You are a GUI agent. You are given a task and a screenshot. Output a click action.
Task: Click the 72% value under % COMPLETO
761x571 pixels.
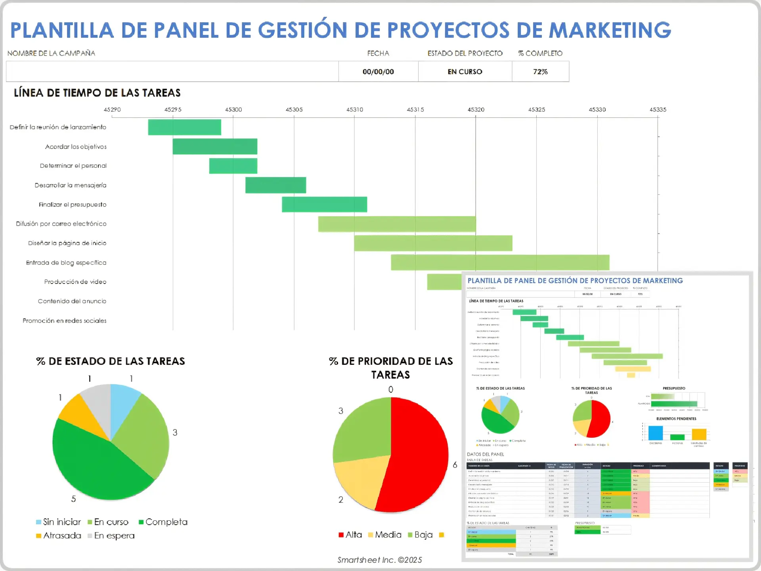(x=540, y=72)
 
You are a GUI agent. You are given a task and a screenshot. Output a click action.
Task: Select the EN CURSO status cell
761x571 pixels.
(x=465, y=72)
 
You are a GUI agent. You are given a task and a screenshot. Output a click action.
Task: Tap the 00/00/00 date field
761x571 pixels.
(x=378, y=72)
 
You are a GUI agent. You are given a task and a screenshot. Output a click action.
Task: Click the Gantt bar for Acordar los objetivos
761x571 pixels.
(x=215, y=146)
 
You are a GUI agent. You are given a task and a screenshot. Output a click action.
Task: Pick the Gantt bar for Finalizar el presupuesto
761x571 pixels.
(x=324, y=205)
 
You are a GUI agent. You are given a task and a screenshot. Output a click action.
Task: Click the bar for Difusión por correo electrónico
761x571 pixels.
(x=397, y=224)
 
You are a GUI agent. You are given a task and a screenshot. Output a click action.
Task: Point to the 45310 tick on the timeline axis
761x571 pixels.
(x=354, y=110)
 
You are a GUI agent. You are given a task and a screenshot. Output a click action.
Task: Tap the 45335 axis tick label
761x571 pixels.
(x=658, y=110)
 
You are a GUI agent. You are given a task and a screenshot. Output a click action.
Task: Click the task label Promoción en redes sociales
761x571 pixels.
(x=65, y=321)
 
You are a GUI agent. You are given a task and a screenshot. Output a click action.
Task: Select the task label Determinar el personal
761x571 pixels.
(x=73, y=166)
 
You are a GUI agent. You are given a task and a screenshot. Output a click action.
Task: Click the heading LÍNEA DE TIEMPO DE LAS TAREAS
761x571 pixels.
(x=97, y=93)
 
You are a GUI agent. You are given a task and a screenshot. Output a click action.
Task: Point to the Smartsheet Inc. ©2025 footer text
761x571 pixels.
(x=379, y=560)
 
